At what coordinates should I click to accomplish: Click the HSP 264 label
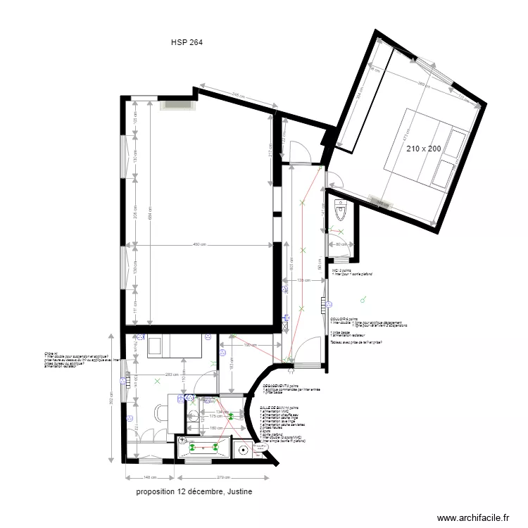[187, 42]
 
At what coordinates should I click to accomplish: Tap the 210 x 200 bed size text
[424, 149]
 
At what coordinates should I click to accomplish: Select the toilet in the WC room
[341, 210]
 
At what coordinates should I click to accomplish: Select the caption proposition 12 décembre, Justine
[194, 491]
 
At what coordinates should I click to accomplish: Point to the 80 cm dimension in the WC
[342, 244]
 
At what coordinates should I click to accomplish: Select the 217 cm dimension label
[270, 149]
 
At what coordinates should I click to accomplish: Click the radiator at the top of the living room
[177, 104]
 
